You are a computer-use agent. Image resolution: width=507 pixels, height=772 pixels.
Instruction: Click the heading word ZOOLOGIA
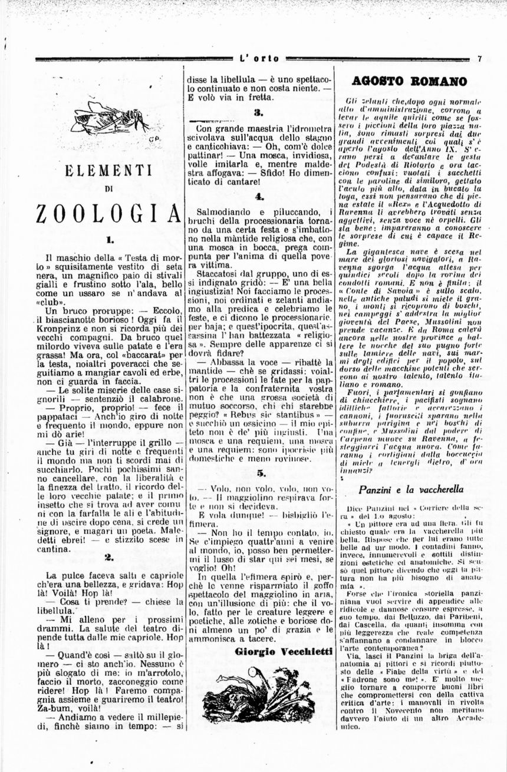tap(107, 213)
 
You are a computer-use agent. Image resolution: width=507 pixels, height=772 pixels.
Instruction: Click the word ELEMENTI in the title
tap(109, 171)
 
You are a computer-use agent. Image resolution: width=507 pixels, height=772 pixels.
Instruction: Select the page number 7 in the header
tap(480, 59)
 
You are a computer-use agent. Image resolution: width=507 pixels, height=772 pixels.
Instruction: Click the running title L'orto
tap(259, 59)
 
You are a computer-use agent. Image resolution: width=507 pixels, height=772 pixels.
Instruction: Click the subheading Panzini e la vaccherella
tap(411, 489)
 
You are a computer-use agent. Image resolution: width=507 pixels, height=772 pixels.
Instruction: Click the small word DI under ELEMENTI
tap(109, 190)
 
